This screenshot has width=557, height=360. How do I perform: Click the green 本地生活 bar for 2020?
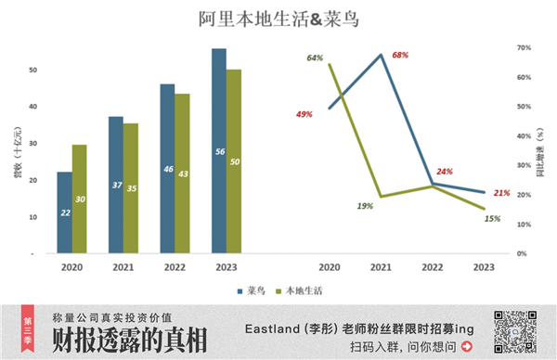80,199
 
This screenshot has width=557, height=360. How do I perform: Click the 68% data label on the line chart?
400,55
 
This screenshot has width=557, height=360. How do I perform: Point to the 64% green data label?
315,58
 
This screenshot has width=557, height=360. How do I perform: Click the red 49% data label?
304,114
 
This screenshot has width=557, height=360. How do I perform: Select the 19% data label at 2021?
363,206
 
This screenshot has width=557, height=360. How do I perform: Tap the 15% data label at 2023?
492,219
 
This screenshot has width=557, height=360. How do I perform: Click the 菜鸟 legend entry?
244,290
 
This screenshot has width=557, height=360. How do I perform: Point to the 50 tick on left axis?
32,71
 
